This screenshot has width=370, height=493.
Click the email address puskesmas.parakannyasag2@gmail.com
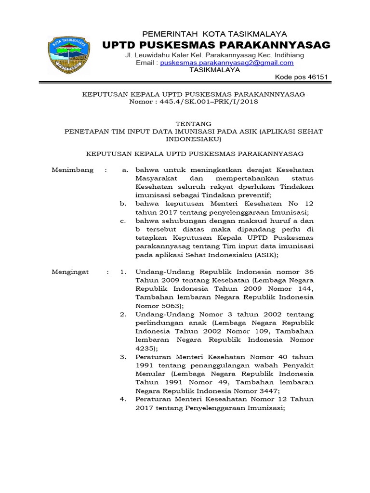[x=226, y=63]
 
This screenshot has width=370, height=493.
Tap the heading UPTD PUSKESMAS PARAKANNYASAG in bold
[x=216, y=45]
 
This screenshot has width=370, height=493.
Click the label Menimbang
[x=72, y=170]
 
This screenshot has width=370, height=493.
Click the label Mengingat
[x=70, y=272]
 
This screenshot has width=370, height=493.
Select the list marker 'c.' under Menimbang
[x=124, y=221]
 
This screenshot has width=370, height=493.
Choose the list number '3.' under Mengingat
[x=123, y=357]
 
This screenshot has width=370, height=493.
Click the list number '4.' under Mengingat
[x=123, y=399]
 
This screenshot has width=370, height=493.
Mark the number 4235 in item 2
[x=145, y=348]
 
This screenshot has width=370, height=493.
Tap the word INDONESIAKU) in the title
[x=193, y=140]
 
